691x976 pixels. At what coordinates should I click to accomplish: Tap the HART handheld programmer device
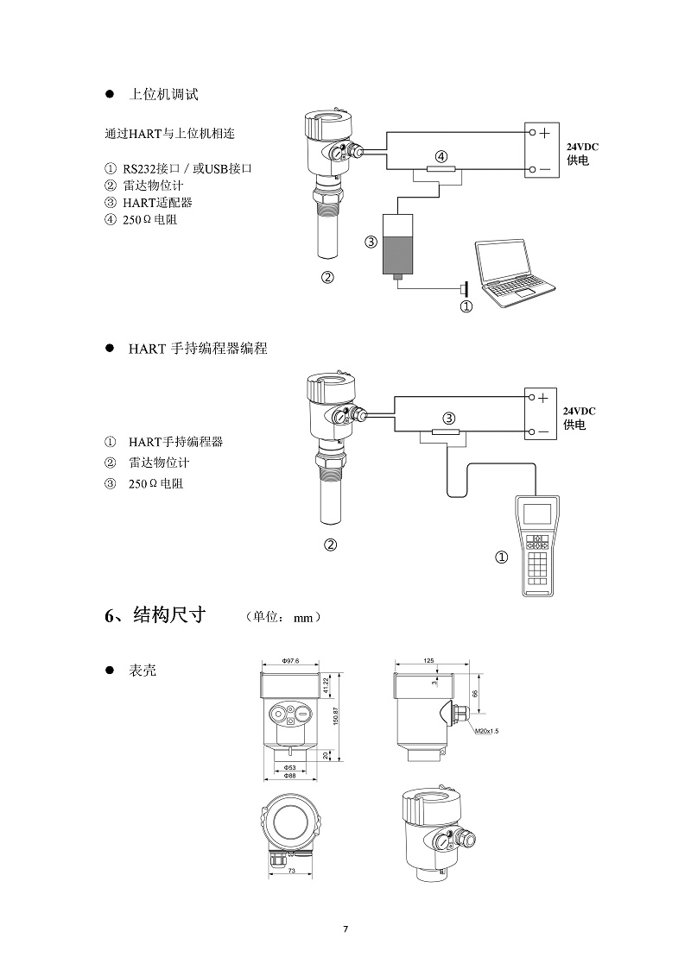point(539,545)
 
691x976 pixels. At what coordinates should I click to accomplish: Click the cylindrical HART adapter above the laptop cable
point(397,242)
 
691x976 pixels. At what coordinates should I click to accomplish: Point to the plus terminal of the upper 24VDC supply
point(544,133)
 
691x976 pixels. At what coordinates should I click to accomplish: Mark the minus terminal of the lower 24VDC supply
point(544,431)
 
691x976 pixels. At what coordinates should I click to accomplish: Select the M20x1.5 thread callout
point(487,731)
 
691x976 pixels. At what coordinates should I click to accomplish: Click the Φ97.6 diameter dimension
point(290,661)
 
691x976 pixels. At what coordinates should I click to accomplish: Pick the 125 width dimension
point(429,660)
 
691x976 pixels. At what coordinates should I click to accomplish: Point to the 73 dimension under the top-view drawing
point(291,872)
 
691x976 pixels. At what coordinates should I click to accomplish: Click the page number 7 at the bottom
point(345,929)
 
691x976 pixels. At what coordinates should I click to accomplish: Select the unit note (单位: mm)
point(283,617)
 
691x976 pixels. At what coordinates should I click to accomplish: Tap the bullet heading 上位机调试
point(163,94)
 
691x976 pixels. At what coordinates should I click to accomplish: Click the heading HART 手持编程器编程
point(198,349)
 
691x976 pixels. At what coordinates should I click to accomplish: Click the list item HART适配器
point(157,203)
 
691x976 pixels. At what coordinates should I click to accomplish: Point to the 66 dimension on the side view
point(474,693)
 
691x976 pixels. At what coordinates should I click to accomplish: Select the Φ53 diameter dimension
point(290,767)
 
